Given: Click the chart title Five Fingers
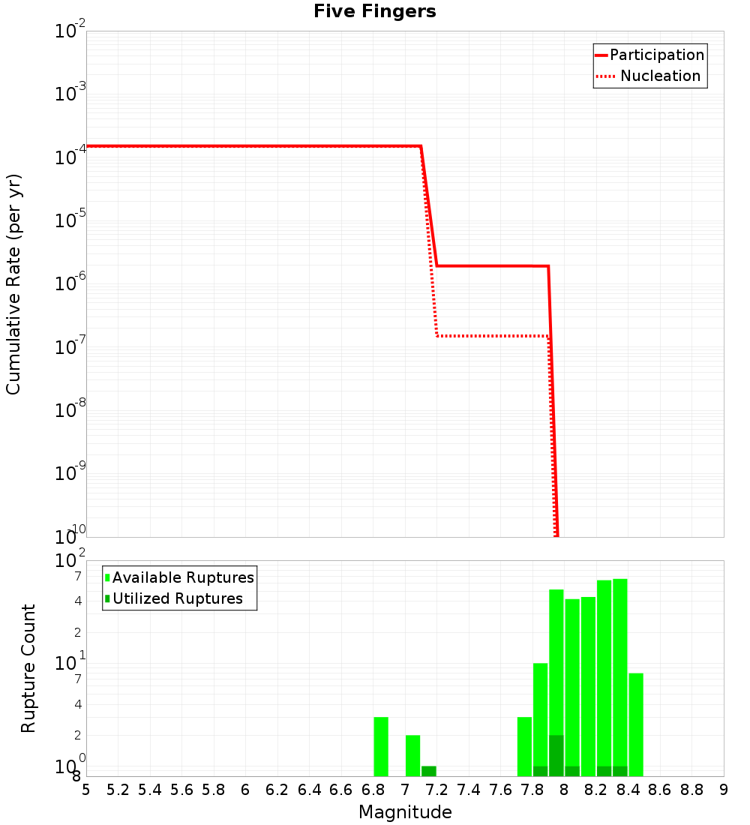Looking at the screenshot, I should (x=374, y=11).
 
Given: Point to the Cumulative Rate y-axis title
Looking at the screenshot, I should (x=13, y=284).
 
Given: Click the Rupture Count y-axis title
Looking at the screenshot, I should (x=28, y=668).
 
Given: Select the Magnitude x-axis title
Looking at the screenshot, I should (x=405, y=812).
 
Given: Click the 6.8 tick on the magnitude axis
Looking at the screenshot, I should (x=373, y=790).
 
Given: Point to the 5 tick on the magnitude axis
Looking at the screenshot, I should (x=86, y=790).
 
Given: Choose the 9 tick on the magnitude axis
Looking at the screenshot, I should (x=724, y=790).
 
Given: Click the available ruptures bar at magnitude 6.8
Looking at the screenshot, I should (x=381, y=746).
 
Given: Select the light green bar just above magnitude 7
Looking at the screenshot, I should (x=412, y=755).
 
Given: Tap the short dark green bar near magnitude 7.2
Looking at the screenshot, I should (x=429, y=771).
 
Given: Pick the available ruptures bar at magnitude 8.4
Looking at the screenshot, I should (x=636, y=724).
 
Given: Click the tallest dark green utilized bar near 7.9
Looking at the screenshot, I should (x=556, y=755).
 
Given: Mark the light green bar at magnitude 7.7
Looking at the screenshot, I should (x=524, y=746).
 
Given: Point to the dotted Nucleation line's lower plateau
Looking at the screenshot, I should (x=491, y=335).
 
